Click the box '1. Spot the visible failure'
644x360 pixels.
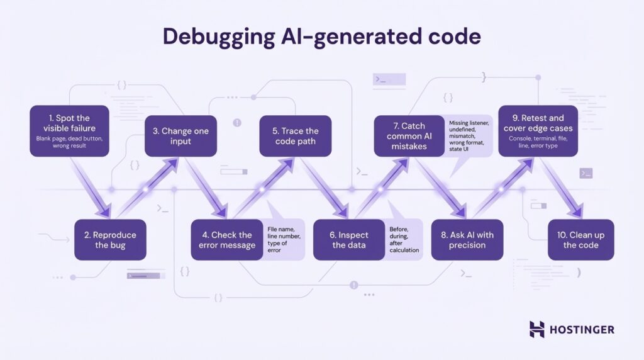tap(70, 131)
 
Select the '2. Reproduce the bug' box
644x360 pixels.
tap(110, 240)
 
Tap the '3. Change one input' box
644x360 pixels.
tap(180, 136)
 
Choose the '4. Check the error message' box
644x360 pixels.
tap(227, 240)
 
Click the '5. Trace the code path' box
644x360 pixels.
tap(295, 136)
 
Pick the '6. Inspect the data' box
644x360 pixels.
tap(349, 240)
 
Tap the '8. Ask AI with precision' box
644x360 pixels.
tap(467, 240)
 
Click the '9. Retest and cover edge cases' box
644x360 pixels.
tap(538, 131)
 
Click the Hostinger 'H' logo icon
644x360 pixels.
tap(536, 329)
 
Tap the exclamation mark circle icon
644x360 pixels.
tap(237, 123)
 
